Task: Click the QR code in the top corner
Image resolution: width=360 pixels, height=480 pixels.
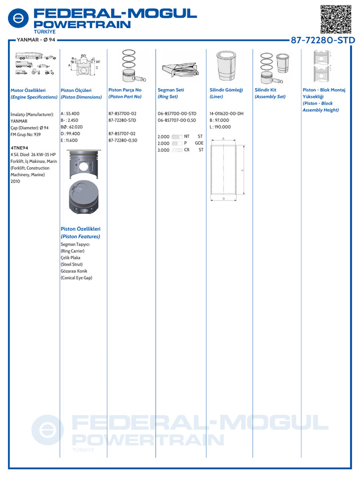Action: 336,18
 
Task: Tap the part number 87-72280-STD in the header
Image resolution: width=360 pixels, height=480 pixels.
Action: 323,40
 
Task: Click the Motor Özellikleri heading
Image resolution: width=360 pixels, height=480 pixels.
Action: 28,90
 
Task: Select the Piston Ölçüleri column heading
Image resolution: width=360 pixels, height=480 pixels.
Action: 76,90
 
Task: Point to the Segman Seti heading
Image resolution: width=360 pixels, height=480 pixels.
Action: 171,90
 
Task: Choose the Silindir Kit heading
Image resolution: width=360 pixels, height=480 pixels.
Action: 265,90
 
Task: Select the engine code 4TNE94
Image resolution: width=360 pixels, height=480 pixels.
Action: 19,148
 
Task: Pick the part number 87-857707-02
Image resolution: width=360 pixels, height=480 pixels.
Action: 122,134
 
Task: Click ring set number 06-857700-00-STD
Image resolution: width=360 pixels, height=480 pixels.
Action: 177,113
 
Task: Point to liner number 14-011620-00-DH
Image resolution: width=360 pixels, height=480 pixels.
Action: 226,113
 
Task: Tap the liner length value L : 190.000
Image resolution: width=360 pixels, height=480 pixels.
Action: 220,127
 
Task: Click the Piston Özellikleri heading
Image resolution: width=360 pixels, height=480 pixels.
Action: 81,229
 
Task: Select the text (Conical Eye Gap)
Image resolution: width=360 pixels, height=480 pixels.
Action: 76,278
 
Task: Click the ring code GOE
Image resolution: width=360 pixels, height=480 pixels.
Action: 199,143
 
